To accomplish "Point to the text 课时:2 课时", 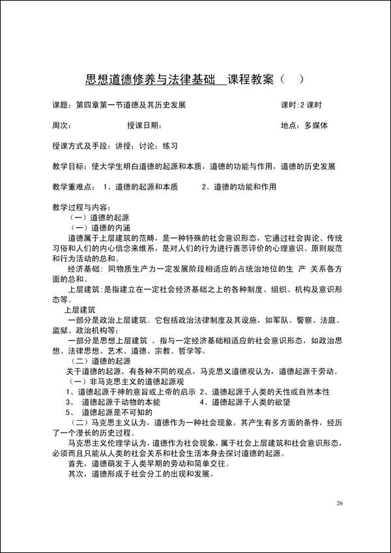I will [301, 105].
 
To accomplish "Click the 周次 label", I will [60, 125].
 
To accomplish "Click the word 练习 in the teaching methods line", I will [171, 146].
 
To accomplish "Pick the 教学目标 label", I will [67, 166].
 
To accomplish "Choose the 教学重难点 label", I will [71, 187].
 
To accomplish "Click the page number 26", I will [340, 503].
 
